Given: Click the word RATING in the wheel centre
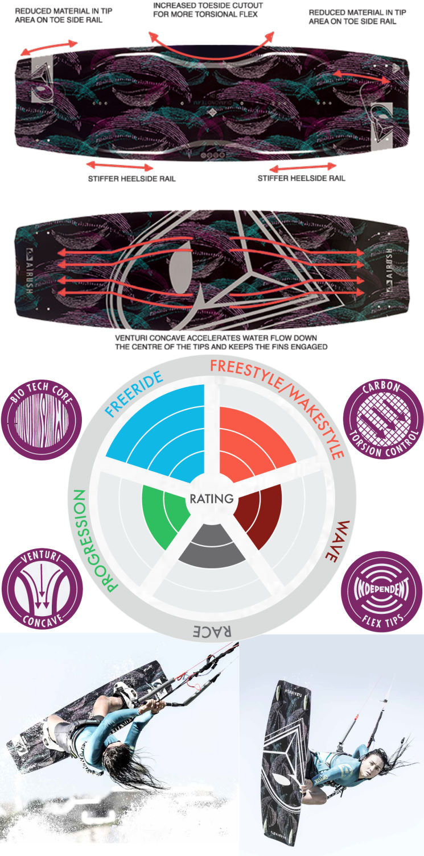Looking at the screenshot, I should point(212,498).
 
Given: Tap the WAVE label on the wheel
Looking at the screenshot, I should point(344,539).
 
